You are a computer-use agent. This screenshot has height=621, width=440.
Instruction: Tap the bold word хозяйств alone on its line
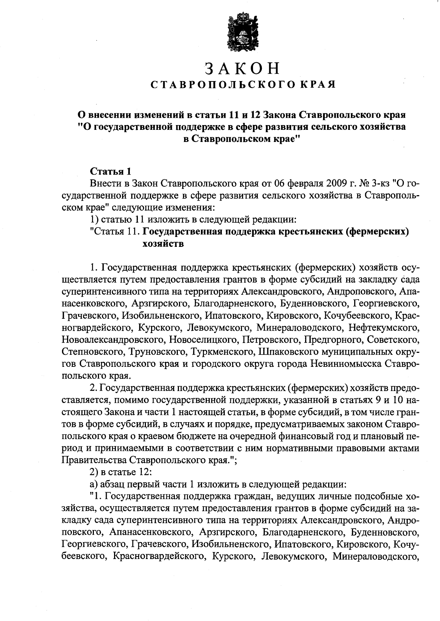[x=162, y=244]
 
